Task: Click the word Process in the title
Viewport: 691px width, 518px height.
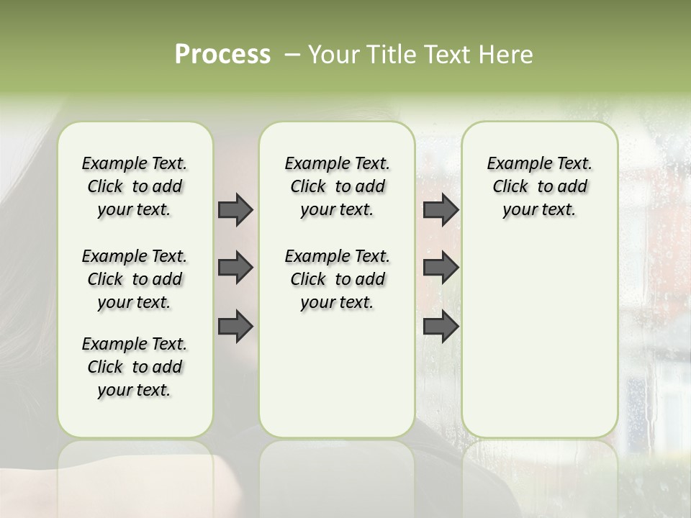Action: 222,55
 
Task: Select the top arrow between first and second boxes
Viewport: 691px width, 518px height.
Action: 235,209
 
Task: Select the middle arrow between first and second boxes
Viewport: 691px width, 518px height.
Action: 235,268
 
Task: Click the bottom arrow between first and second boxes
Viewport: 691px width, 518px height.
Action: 235,327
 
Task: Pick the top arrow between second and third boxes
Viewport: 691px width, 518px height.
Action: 441,209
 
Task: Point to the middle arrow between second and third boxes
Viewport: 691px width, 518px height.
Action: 441,268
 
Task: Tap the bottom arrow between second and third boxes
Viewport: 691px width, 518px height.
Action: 441,327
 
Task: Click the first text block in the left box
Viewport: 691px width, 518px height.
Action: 135,186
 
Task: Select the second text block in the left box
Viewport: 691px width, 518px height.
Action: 135,279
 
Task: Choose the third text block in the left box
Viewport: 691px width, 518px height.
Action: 135,367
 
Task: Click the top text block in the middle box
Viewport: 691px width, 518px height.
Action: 337,186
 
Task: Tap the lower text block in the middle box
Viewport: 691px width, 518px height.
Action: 337,279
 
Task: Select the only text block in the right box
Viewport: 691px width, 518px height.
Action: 539,186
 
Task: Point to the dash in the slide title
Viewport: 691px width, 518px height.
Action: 292,55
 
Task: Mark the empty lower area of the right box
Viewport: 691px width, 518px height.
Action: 539,338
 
